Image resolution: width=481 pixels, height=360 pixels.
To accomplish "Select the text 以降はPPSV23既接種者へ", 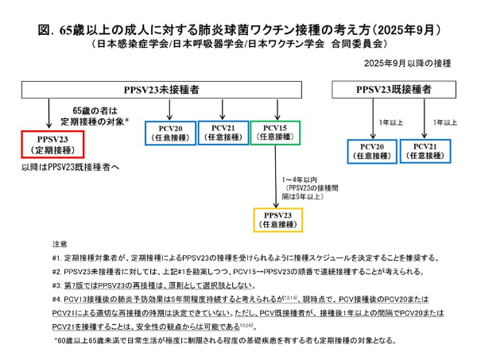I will pyautogui.click(x=60, y=168).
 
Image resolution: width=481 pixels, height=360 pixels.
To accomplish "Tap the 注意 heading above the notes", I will pyautogui.click(x=59, y=242).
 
